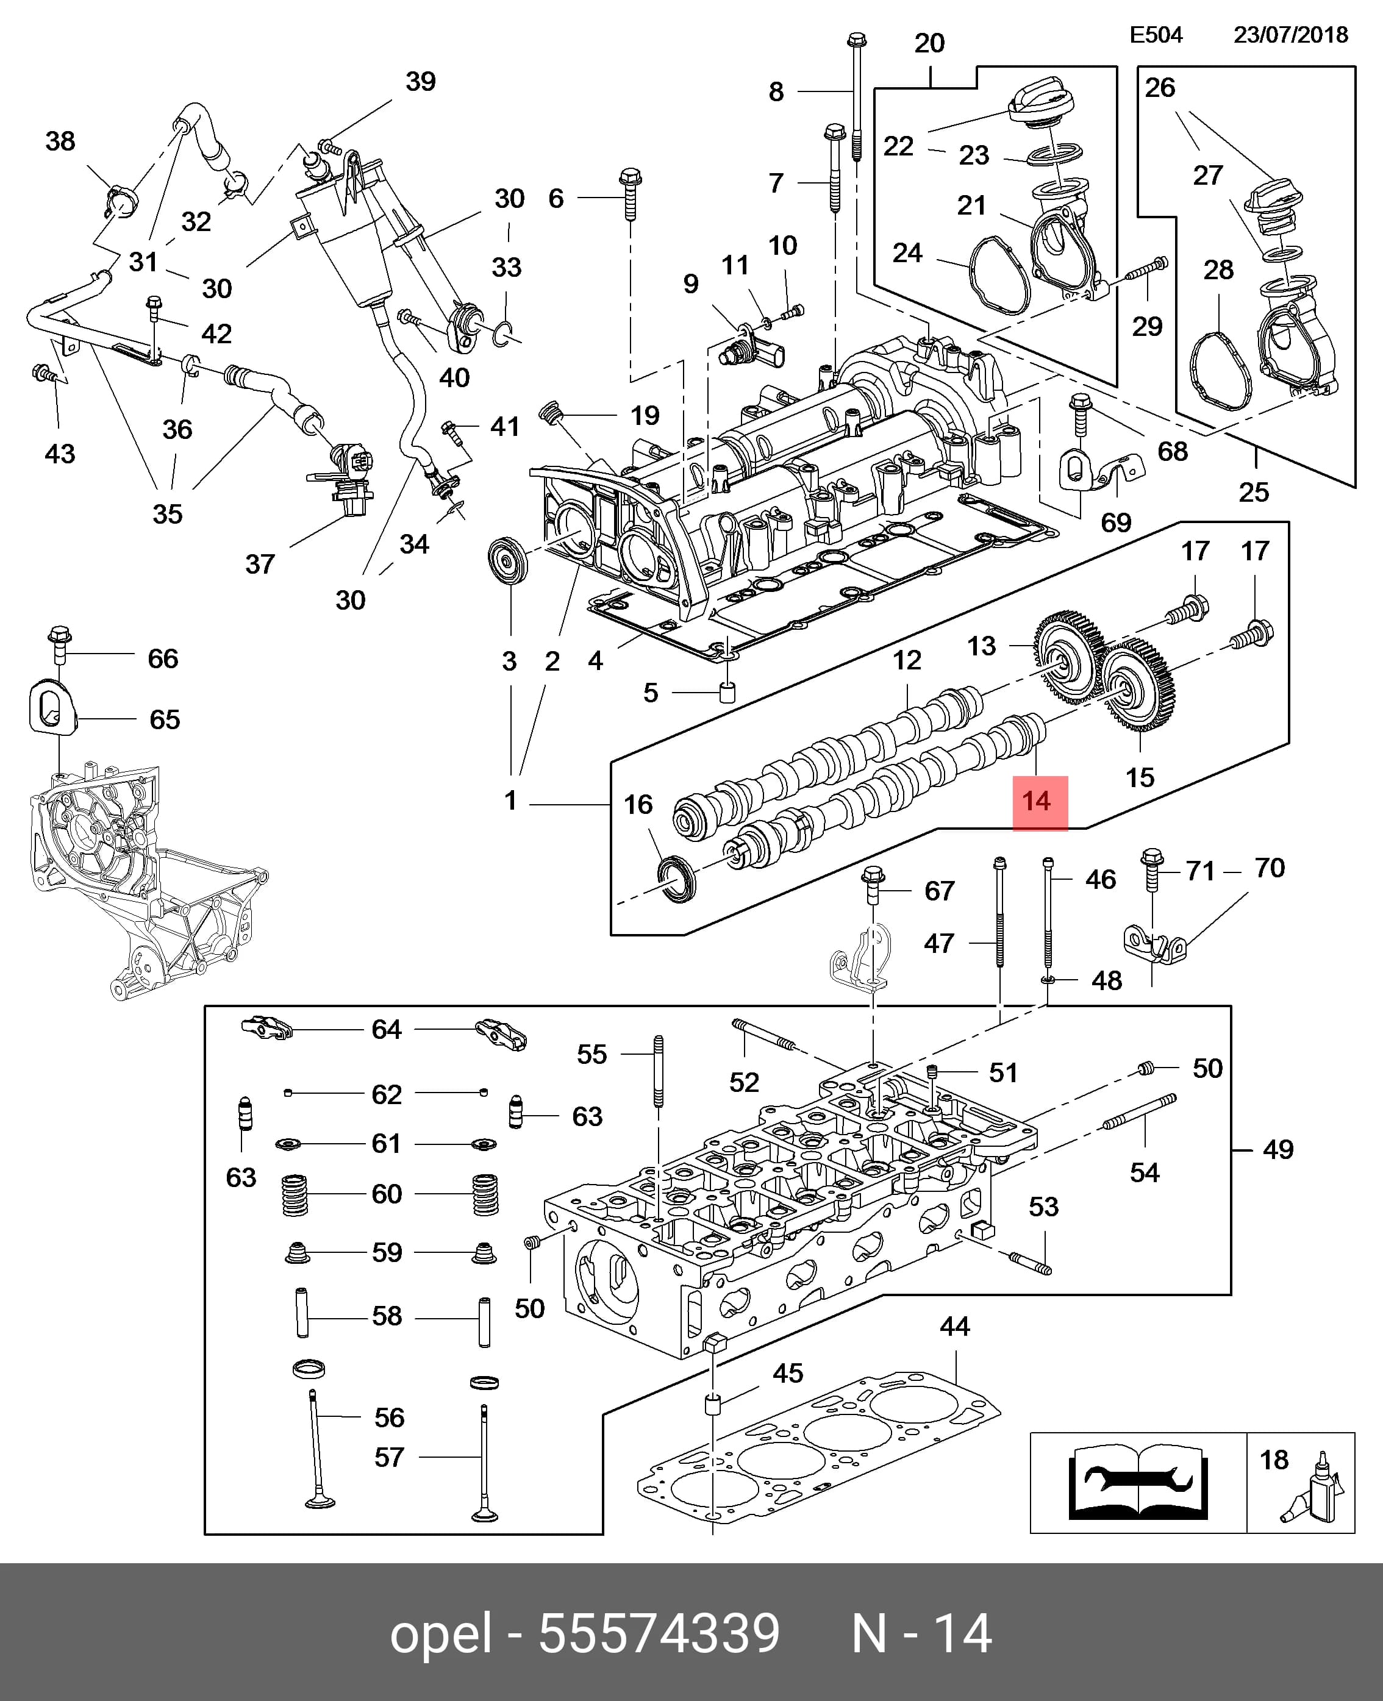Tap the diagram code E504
pos(1156,34)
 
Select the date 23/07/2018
pos(1290,34)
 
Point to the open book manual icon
pos(1138,1483)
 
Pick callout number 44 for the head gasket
pos(954,1326)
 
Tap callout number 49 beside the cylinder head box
pos(1278,1149)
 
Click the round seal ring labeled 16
pos(676,879)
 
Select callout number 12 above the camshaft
pos(907,660)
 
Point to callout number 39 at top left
pos(421,81)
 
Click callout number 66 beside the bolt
pos(163,658)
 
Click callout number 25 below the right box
pos(1253,492)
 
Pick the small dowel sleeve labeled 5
pos(726,692)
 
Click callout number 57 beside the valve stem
pos(389,1457)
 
